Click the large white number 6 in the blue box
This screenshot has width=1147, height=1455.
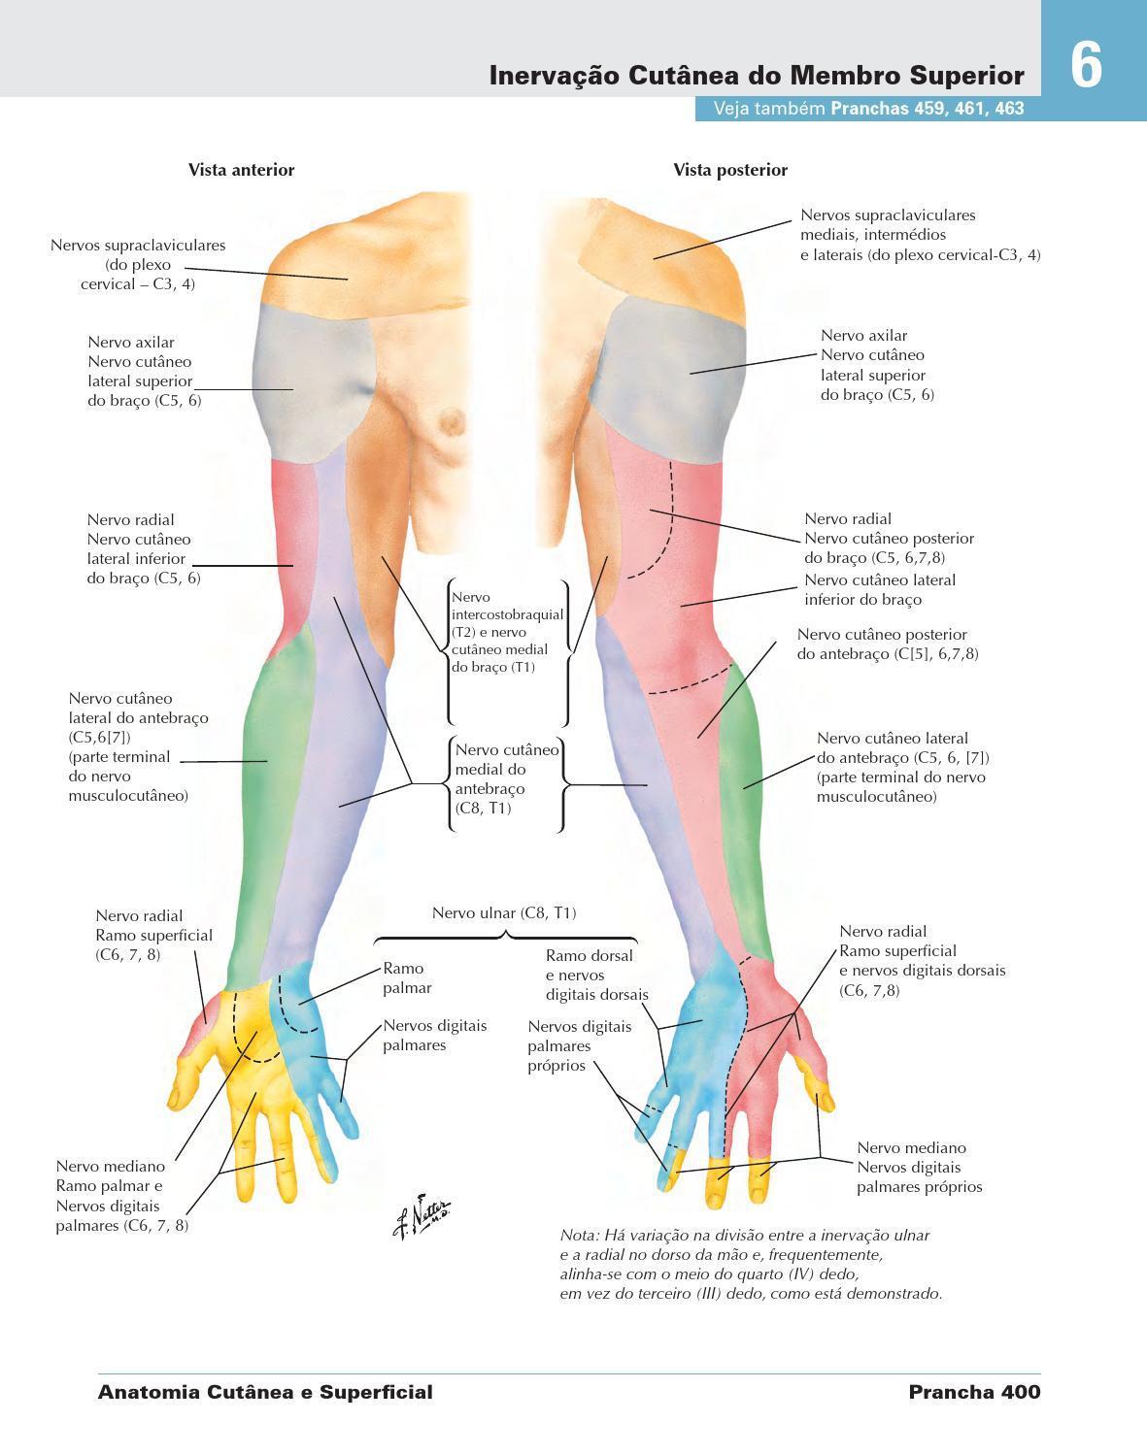(x=1087, y=66)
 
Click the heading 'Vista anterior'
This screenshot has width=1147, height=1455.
(x=241, y=170)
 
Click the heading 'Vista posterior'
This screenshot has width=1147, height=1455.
(x=730, y=170)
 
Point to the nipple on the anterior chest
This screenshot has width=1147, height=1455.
(x=452, y=421)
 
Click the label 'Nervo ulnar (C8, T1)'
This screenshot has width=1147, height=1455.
(x=504, y=912)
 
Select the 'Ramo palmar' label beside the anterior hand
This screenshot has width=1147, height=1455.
(x=407, y=977)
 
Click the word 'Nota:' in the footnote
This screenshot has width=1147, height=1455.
(x=580, y=1236)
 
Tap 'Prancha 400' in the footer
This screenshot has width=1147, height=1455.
(x=974, y=1392)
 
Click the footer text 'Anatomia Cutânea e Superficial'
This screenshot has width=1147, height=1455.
(x=265, y=1392)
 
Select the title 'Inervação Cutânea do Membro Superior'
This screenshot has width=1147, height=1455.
(x=757, y=76)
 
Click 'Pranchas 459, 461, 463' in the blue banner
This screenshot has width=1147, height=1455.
(x=928, y=109)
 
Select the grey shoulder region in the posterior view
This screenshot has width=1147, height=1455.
(x=670, y=364)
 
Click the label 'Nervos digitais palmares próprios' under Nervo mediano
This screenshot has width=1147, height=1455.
(x=919, y=1176)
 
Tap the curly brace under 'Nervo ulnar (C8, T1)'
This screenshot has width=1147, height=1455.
(x=505, y=938)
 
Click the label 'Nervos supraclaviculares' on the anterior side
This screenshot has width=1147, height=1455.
(x=138, y=246)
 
